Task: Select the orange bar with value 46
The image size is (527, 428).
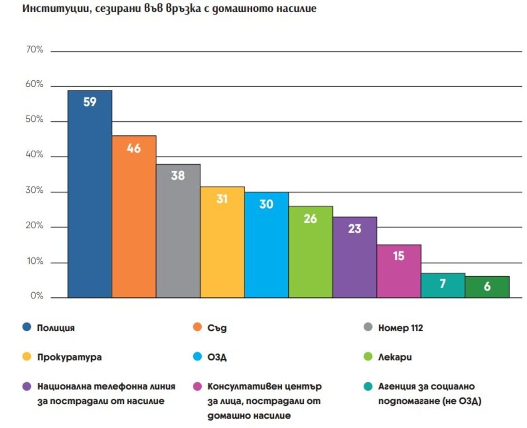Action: tap(134, 217)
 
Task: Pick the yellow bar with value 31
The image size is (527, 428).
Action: tap(222, 242)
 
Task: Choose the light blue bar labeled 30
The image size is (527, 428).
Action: tap(266, 244)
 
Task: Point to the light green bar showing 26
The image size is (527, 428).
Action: tap(310, 252)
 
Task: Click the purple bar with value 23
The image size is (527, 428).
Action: tap(355, 257)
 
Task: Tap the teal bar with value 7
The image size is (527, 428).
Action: tap(443, 285)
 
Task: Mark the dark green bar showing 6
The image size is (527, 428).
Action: tap(487, 287)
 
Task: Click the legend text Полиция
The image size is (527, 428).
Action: tap(56, 328)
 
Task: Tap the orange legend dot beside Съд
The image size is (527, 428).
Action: tap(197, 327)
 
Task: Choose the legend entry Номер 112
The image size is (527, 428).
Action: tap(400, 328)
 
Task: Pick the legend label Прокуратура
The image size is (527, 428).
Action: tap(69, 357)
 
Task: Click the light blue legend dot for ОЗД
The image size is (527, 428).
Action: tap(197, 356)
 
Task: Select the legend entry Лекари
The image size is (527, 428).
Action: tap(395, 357)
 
